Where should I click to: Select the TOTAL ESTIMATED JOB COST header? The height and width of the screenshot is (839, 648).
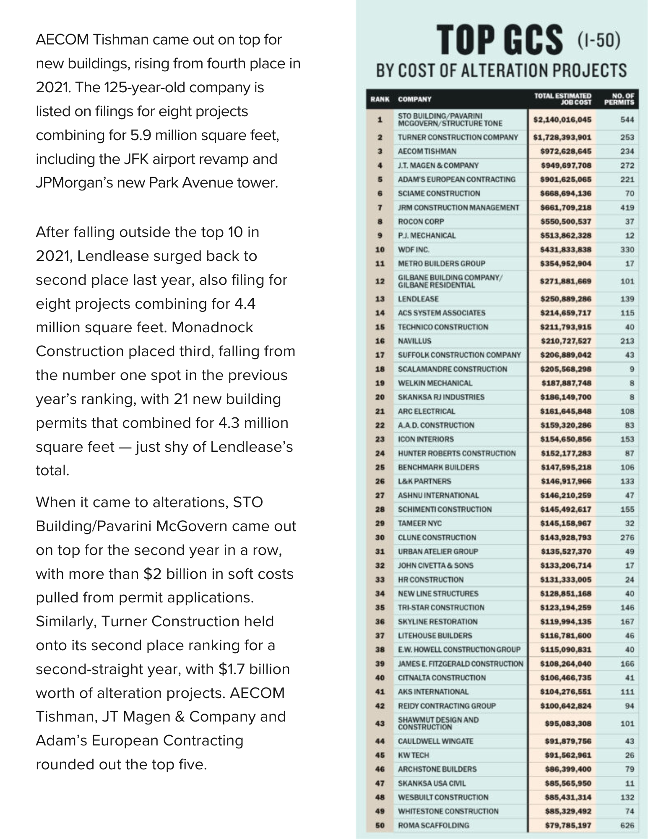click(x=562, y=99)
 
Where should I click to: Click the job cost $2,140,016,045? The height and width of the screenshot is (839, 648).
click(x=562, y=120)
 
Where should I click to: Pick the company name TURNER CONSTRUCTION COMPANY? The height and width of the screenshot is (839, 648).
click(x=458, y=138)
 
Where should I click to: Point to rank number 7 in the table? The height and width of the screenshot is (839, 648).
click(x=380, y=208)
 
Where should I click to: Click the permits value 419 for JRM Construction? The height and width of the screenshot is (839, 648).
click(x=627, y=208)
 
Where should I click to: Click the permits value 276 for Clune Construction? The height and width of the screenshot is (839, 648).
click(x=627, y=537)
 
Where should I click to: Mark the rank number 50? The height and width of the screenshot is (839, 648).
click(x=380, y=825)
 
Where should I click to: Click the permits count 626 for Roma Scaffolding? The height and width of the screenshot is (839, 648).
click(x=627, y=825)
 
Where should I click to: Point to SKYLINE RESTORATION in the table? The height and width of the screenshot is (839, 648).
click(x=437, y=622)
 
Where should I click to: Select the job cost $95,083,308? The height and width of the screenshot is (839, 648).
click(x=567, y=724)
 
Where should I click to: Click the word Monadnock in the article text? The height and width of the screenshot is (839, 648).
click(x=212, y=327)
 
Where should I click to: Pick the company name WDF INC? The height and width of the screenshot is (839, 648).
click(x=414, y=250)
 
